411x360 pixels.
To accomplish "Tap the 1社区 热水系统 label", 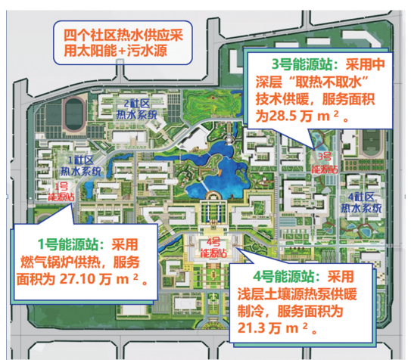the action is point(80,164).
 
